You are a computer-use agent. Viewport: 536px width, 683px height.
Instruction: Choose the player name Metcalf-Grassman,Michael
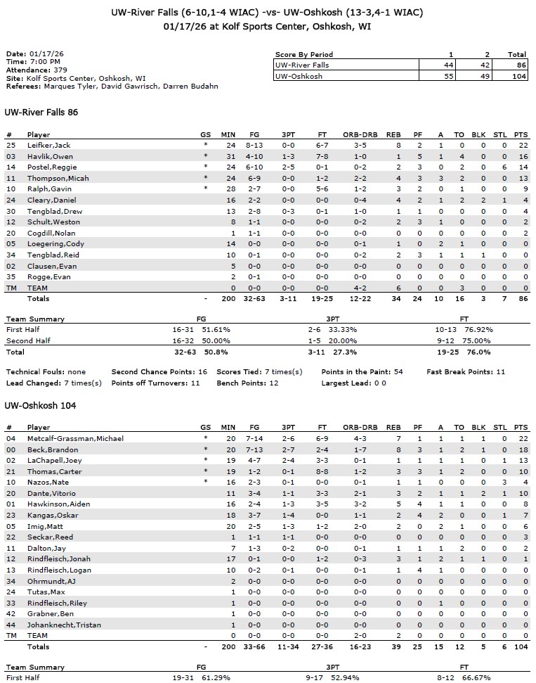pyautogui.click(x=75, y=438)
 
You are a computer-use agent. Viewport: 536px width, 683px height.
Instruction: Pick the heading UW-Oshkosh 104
pyautogui.click(x=40, y=406)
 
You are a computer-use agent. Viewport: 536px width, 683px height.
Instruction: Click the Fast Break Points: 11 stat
pyautogui.click(x=466, y=371)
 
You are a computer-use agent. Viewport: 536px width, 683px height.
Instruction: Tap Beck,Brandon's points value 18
pyautogui.click(x=521, y=449)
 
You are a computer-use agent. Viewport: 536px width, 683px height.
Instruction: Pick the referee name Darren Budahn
pyautogui.click(x=192, y=87)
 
